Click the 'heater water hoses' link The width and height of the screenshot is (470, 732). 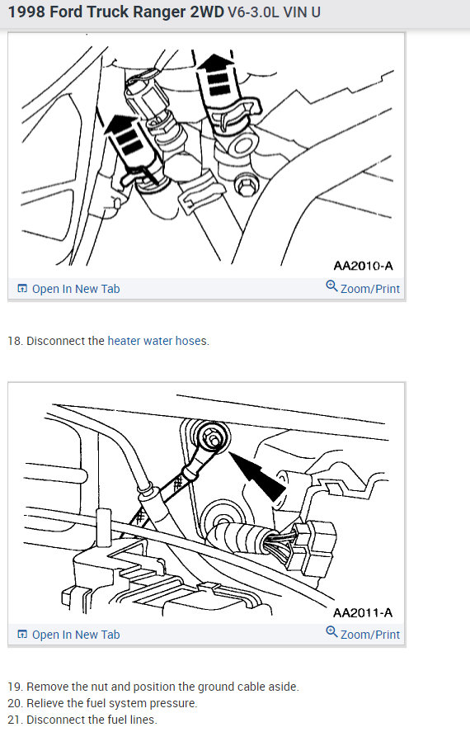(157, 341)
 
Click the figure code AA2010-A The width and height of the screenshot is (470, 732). (363, 266)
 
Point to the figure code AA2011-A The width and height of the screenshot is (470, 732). (363, 612)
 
